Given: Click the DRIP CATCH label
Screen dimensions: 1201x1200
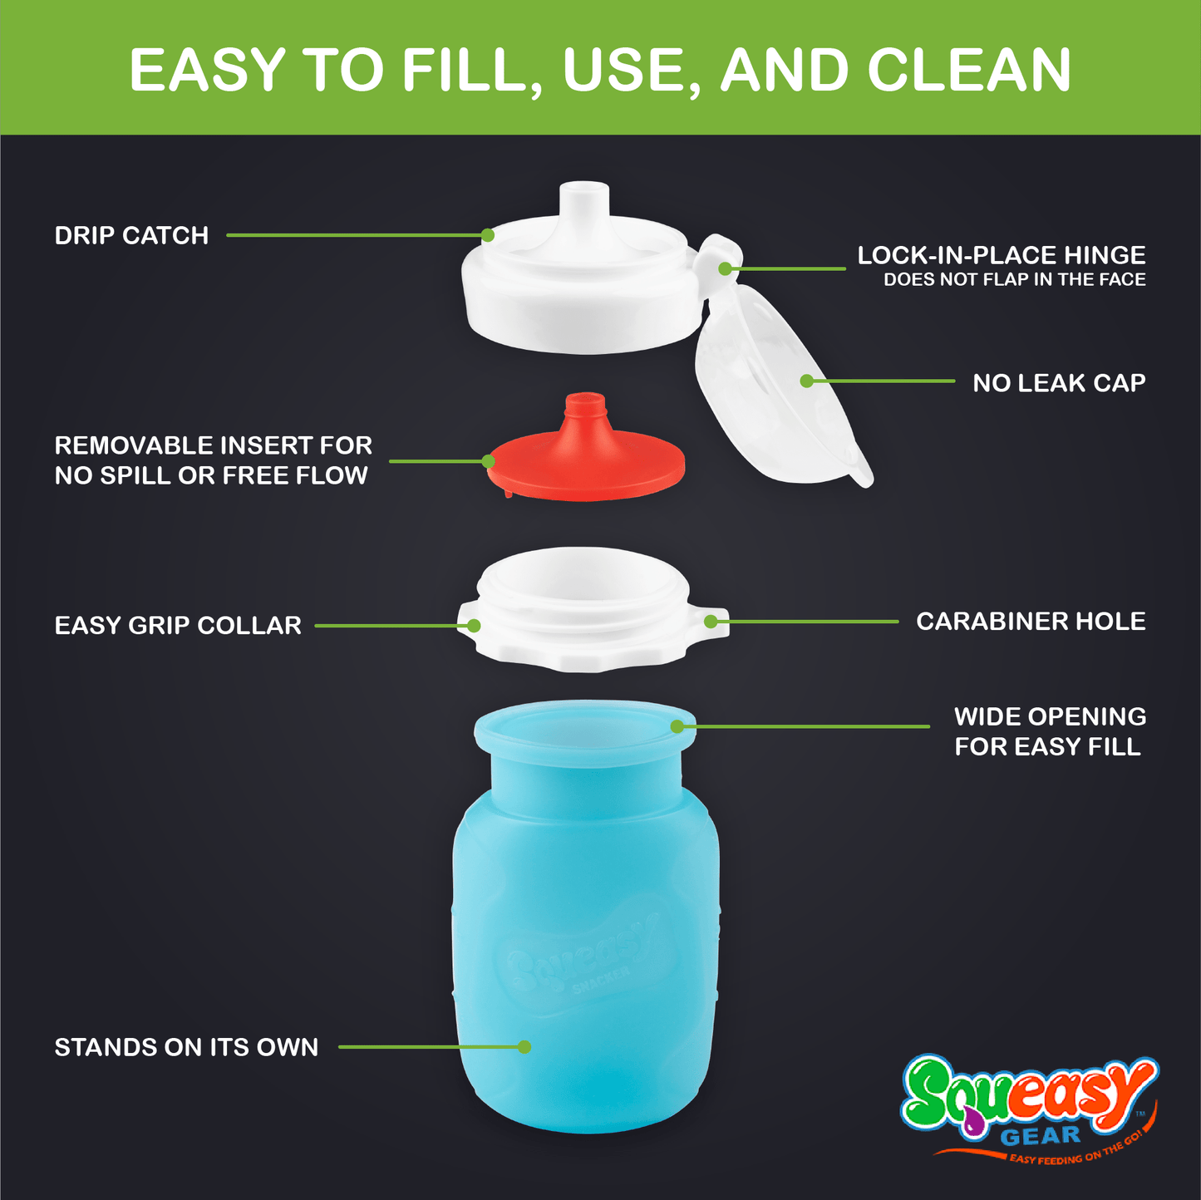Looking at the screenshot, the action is point(131,236).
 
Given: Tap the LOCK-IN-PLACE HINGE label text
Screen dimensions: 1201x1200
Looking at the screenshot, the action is point(1001,256).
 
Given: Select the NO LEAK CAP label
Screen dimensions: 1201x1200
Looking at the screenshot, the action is point(1059,383).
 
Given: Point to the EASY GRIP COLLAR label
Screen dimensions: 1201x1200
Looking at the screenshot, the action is point(178,625).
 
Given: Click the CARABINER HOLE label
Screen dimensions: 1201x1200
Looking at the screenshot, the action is point(1031,621).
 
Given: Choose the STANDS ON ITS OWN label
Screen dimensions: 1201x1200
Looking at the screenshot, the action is point(186,1047).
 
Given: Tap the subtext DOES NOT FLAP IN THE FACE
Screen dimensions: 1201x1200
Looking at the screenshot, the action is point(1015,280).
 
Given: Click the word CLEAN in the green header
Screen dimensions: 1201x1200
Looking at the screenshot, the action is point(968,71).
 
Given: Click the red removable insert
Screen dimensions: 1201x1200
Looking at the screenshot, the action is point(586,453).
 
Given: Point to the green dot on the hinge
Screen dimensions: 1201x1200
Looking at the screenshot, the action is point(725,268).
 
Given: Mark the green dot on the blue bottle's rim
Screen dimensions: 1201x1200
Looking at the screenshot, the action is point(677,726).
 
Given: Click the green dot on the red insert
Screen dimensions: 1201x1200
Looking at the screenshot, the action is point(488,461).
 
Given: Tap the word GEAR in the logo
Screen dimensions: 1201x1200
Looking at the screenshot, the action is point(1041,1136).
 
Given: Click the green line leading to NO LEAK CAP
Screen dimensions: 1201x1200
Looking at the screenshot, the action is point(881,381).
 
